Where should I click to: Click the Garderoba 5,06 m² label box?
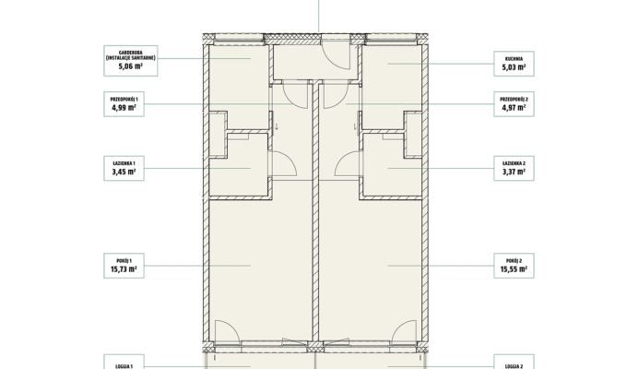click(x=131, y=61)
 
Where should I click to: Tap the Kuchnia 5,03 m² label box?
click(x=514, y=64)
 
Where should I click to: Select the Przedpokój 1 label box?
click(x=124, y=104)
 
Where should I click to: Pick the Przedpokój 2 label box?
click(x=514, y=104)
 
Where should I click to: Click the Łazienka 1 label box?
click(x=124, y=168)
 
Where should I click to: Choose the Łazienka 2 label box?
click(x=514, y=168)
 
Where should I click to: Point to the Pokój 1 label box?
click(x=124, y=266)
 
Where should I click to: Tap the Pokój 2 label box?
click(x=514, y=266)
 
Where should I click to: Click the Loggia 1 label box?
click(x=124, y=362)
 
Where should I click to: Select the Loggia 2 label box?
click(x=514, y=362)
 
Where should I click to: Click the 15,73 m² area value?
click(x=124, y=269)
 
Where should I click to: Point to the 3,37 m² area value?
click(x=514, y=172)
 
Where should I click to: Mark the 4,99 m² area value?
click(x=124, y=108)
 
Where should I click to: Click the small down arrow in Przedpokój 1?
click(x=277, y=126)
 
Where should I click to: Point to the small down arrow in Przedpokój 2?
click(x=355, y=126)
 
